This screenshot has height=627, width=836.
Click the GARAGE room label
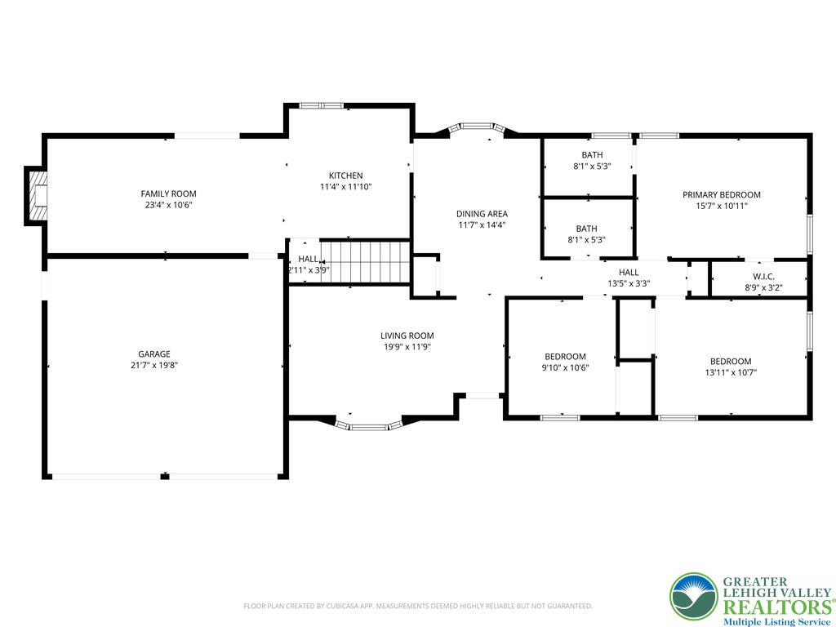[x=154, y=354]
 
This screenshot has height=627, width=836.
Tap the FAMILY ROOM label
[x=168, y=194]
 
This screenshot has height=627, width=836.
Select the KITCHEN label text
[x=345, y=176]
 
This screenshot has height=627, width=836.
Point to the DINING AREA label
[x=482, y=214]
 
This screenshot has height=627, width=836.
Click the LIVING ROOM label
[x=407, y=336]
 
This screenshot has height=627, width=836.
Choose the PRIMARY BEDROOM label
[x=722, y=194]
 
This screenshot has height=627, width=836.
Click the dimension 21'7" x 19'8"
[x=154, y=365]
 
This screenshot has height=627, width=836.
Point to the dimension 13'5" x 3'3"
[x=629, y=283]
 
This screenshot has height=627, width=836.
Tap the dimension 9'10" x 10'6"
[x=565, y=367]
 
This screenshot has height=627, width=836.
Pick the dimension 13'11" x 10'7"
[x=731, y=372]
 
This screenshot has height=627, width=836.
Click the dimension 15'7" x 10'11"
[x=722, y=206]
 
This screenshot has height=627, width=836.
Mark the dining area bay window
[x=477, y=127]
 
